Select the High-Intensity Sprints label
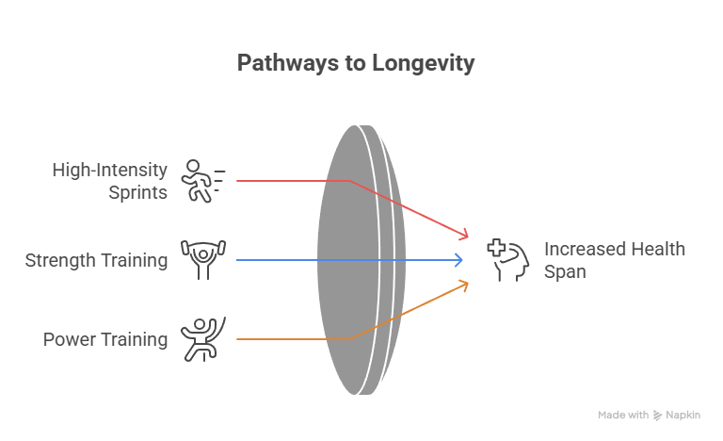(x=110, y=181)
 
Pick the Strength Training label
(x=96, y=260)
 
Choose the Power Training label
(x=105, y=339)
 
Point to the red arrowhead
(x=463, y=234)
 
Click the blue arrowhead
(x=459, y=260)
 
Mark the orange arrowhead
(x=463, y=285)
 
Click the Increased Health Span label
(x=614, y=260)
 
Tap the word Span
(x=565, y=272)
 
